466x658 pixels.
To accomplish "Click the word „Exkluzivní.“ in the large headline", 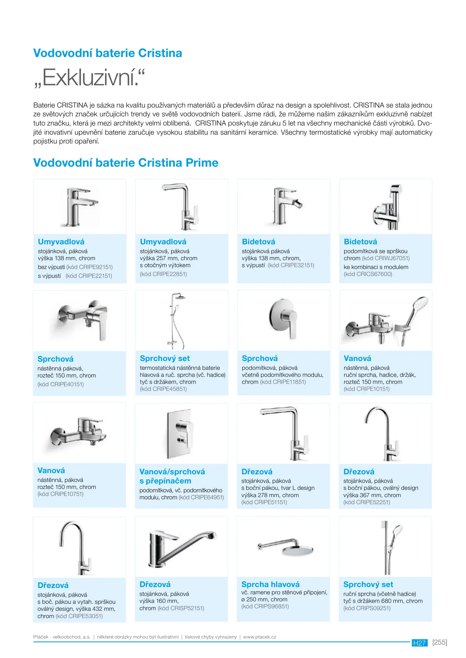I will (x=89, y=78).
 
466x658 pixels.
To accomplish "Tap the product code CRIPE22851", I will (x=169, y=274).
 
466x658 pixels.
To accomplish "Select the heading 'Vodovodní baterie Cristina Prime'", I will (x=126, y=163).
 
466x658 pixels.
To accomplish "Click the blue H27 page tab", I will (x=419, y=643).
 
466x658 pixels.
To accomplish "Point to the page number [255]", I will (x=439, y=642).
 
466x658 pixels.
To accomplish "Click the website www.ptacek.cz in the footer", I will (x=259, y=637).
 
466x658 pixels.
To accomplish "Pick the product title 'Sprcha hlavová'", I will (x=270, y=584).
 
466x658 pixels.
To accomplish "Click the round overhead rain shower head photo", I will (x=297, y=550).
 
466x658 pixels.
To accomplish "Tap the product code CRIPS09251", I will (x=372, y=608).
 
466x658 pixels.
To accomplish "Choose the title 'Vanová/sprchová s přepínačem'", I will (x=172, y=476).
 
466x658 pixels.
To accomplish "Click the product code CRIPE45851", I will (x=169, y=389).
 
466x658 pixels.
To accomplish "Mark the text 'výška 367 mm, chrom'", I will (x=372, y=495).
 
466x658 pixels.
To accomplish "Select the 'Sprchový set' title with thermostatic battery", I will (x=165, y=358).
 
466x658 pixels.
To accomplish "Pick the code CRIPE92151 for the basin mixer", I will (x=95, y=267).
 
